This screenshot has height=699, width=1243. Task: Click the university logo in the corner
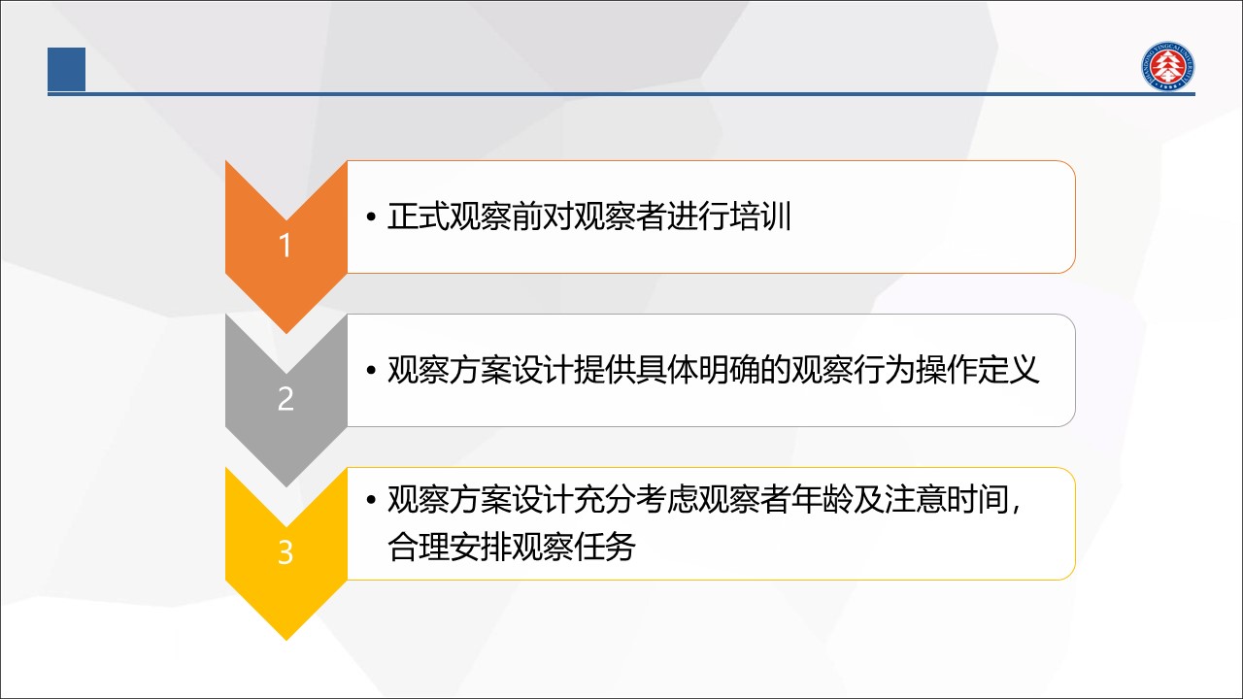coord(1167,65)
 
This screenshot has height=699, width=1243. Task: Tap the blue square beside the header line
coord(67,69)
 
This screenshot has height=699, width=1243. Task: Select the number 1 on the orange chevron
coord(285,246)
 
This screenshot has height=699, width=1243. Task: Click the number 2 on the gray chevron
coord(286,398)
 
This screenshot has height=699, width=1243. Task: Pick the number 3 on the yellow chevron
coord(286,552)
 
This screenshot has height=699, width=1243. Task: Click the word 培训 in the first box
coord(760,216)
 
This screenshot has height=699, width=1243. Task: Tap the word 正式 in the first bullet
coord(418,216)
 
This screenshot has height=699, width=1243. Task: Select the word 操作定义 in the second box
coord(978,370)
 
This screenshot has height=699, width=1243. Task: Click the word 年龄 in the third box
coord(823,499)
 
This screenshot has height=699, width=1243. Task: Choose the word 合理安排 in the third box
coord(449,547)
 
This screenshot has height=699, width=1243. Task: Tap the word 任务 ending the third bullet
coord(605,547)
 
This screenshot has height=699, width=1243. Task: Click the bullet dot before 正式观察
coord(371,216)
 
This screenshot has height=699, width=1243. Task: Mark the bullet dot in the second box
coord(371,371)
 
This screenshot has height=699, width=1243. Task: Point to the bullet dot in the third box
coord(371,500)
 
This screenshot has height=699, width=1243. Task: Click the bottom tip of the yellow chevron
coord(286,640)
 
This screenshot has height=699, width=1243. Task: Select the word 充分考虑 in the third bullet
coord(636,499)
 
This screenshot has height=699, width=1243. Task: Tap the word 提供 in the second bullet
coord(605,370)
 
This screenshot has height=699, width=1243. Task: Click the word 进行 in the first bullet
coord(698,216)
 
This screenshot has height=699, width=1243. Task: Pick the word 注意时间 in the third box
coord(947,499)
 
